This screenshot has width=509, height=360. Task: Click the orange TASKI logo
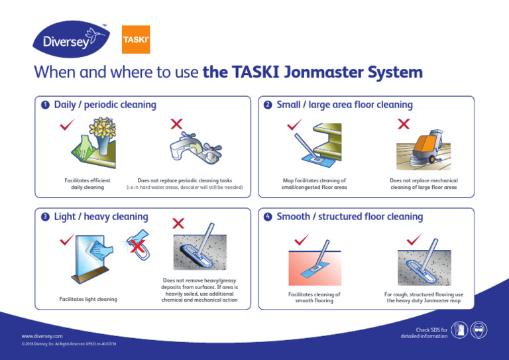[136, 40]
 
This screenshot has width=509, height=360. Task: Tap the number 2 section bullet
[268, 105]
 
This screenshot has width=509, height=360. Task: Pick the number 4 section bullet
[268, 217]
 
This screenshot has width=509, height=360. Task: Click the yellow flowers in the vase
[102, 127]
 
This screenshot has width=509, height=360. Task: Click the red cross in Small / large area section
[403, 124]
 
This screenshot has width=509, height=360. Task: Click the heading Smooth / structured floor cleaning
[349, 217]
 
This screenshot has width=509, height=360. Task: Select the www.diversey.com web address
[42, 337]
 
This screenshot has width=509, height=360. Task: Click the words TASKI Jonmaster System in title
[313, 72]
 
